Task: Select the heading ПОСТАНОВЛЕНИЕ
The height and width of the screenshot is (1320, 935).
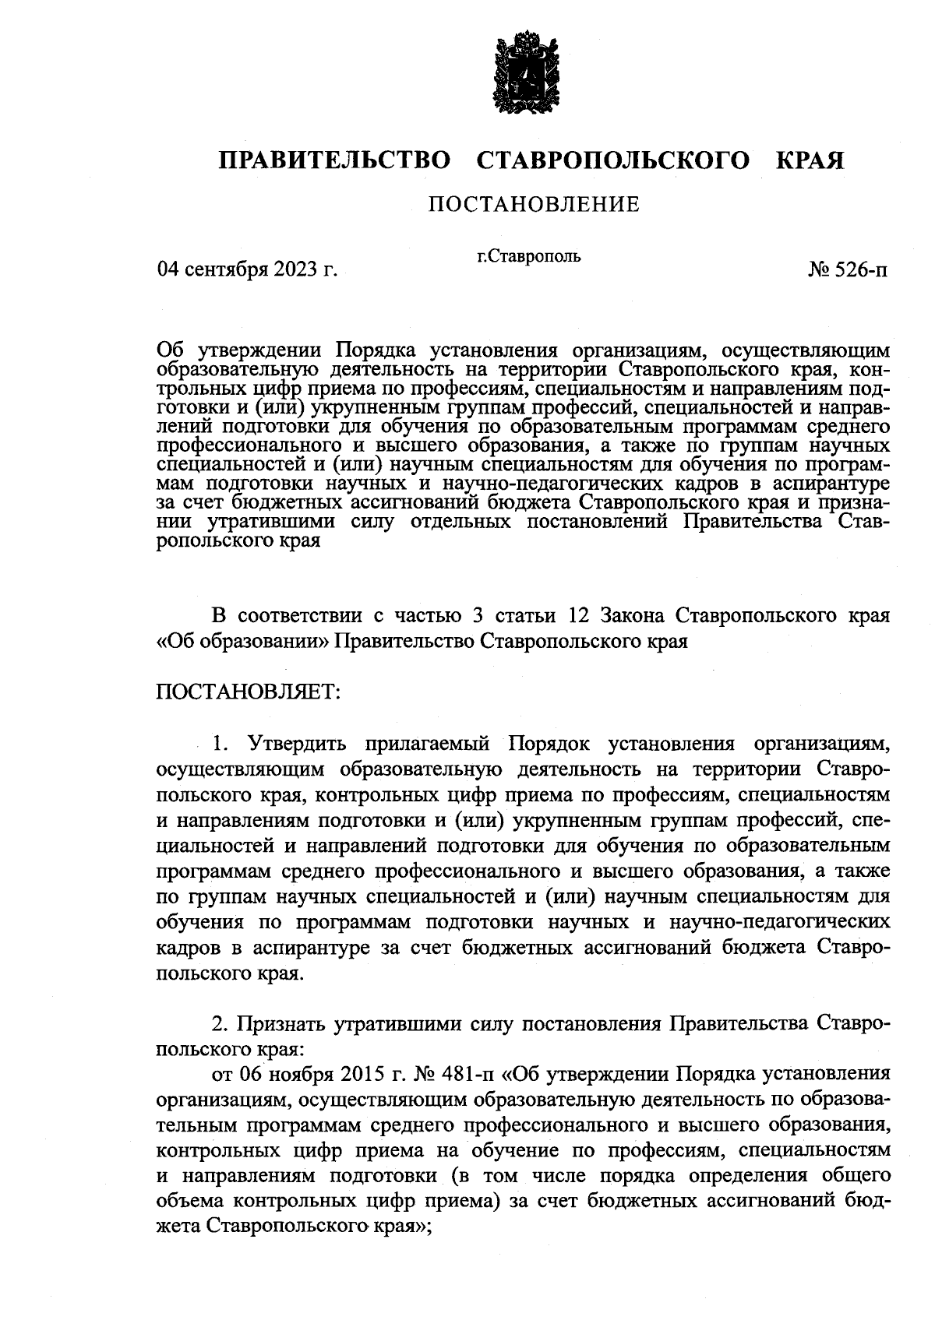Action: [534, 205]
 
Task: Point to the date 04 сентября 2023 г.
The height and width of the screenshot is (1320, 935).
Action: [247, 269]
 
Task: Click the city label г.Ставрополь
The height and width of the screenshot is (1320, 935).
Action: [529, 255]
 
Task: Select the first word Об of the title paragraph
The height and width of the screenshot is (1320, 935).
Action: [169, 347]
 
